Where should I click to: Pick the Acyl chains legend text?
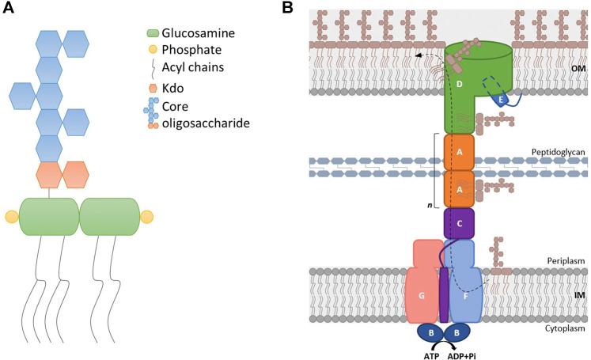(x=194, y=69)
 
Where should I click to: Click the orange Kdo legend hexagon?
(x=153, y=88)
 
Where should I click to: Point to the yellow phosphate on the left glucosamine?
(x=12, y=217)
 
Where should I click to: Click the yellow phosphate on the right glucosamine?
(x=146, y=217)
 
